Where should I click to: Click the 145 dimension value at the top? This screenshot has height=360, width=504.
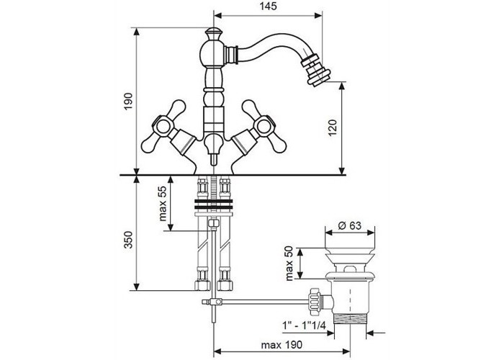tap(268, 6)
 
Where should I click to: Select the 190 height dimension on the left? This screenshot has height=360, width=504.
tap(128, 102)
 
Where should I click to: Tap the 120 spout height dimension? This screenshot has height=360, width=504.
tap(333, 127)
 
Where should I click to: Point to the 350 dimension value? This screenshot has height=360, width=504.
tap(128, 240)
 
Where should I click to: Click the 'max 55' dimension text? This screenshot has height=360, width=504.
tap(163, 204)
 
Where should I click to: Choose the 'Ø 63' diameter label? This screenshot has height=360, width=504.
tap(350, 225)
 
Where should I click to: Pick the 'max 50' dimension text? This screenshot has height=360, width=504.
tap(289, 264)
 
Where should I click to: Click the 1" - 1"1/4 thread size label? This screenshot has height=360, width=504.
tap(304, 325)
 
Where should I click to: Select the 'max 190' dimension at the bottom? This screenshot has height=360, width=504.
tap(282, 345)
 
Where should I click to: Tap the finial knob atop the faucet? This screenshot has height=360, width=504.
tap(213, 32)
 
